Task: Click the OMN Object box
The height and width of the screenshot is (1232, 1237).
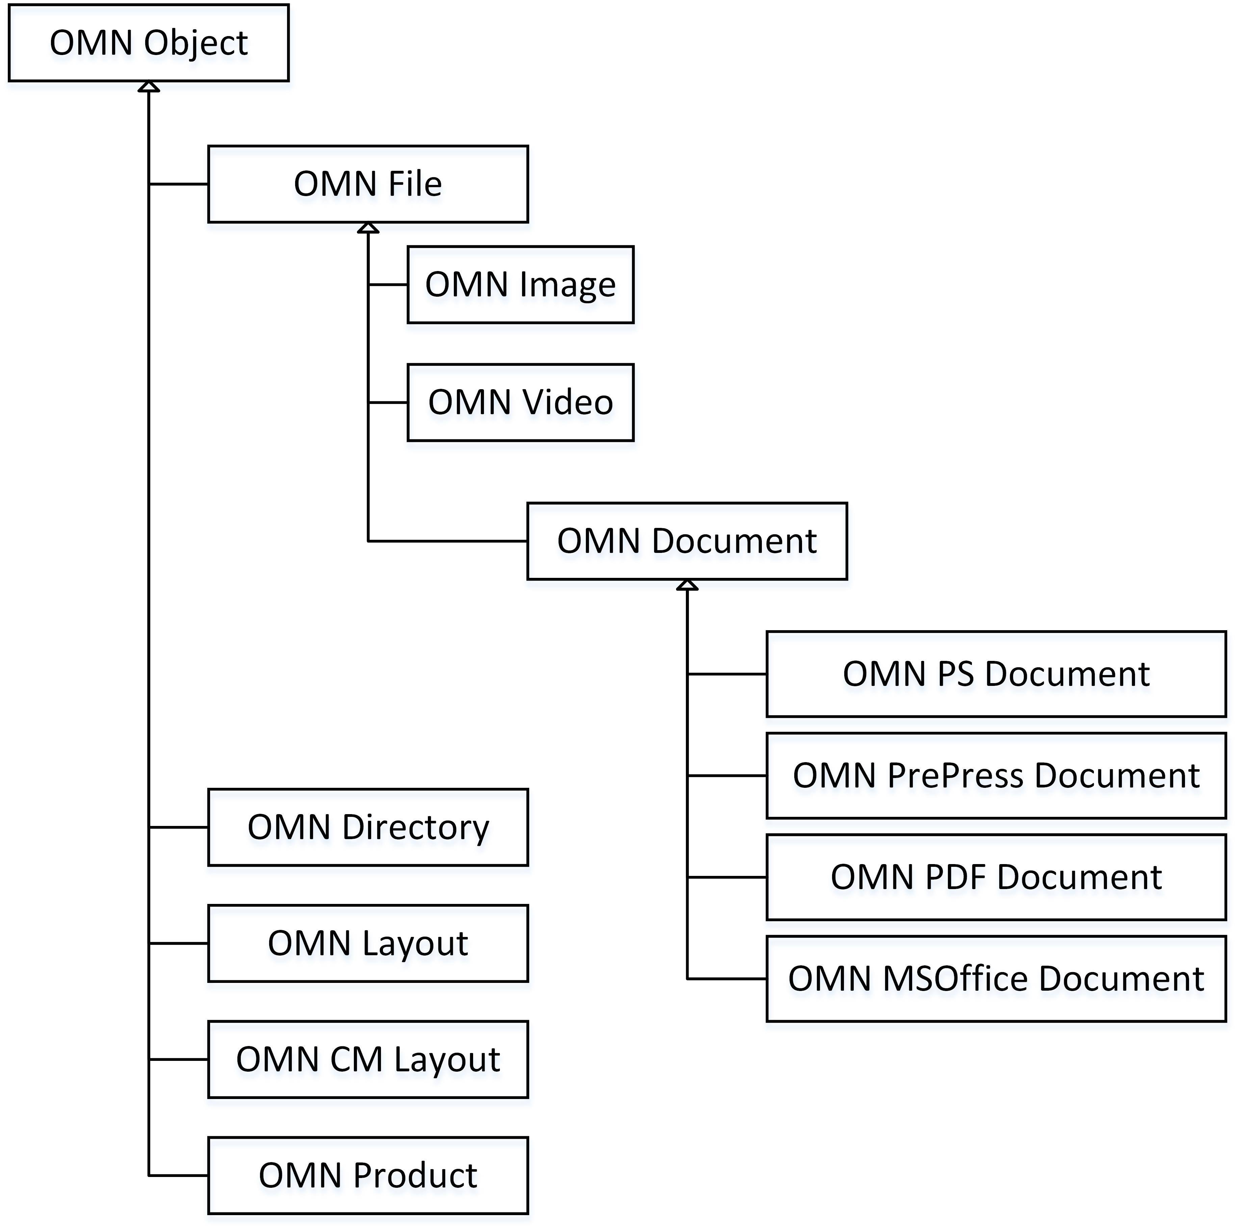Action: coord(149,43)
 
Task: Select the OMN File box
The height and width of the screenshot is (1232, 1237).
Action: coord(368,184)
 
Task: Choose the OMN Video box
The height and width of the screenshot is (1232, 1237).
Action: coord(520,403)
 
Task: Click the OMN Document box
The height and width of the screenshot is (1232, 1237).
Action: coord(687,541)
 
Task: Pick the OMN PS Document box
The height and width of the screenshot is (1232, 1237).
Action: coord(996,674)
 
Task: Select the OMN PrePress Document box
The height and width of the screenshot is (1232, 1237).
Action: coord(996,776)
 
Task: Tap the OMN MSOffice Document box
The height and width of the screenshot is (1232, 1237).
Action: coord(996,979)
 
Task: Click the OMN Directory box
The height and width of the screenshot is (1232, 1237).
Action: coord(368,828)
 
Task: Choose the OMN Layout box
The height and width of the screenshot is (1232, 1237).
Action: coord(368,943)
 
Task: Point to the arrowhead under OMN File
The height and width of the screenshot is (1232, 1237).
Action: coord(368,228)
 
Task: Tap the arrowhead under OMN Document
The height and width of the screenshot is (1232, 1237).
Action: coord(687,585)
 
